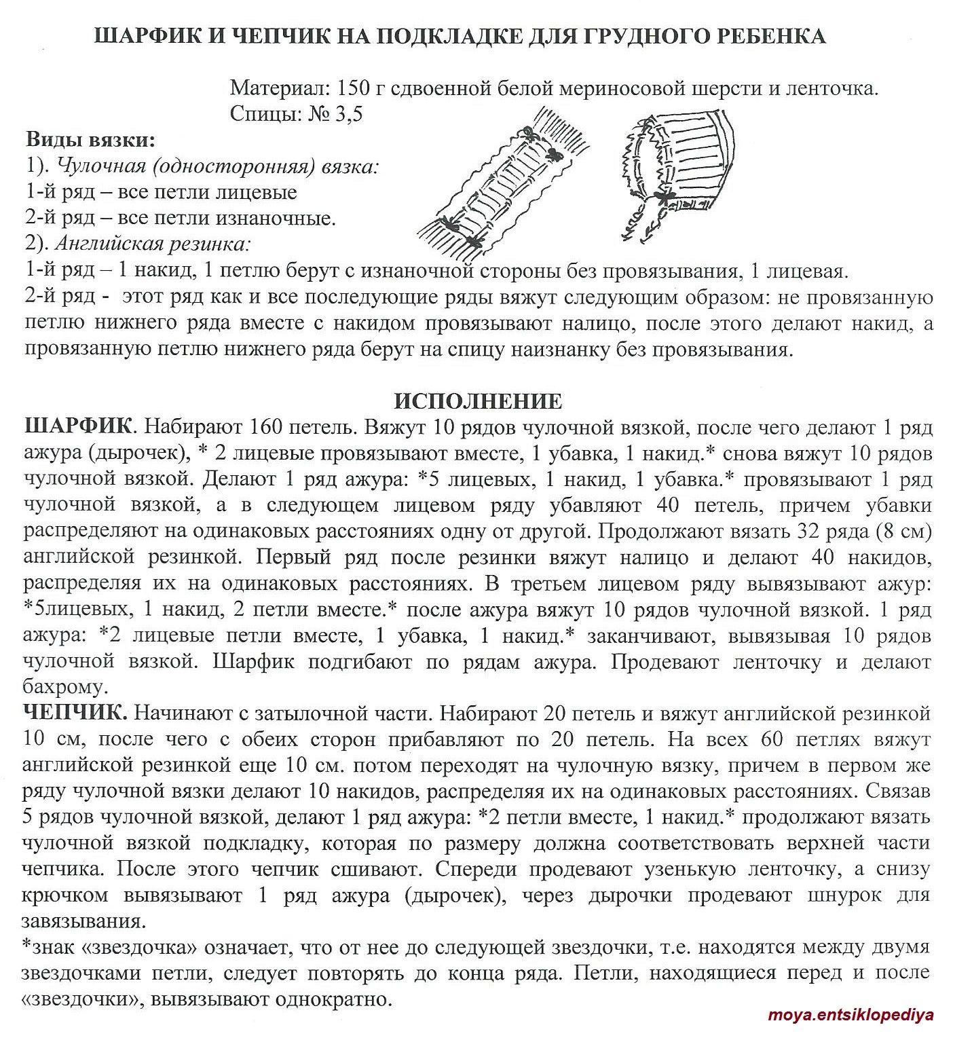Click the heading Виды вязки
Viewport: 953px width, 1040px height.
[90, 141]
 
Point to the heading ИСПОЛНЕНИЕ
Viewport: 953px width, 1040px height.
[477, 401]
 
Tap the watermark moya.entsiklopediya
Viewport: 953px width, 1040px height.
[851, 1016]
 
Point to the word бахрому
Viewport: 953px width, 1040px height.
[64, 687]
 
